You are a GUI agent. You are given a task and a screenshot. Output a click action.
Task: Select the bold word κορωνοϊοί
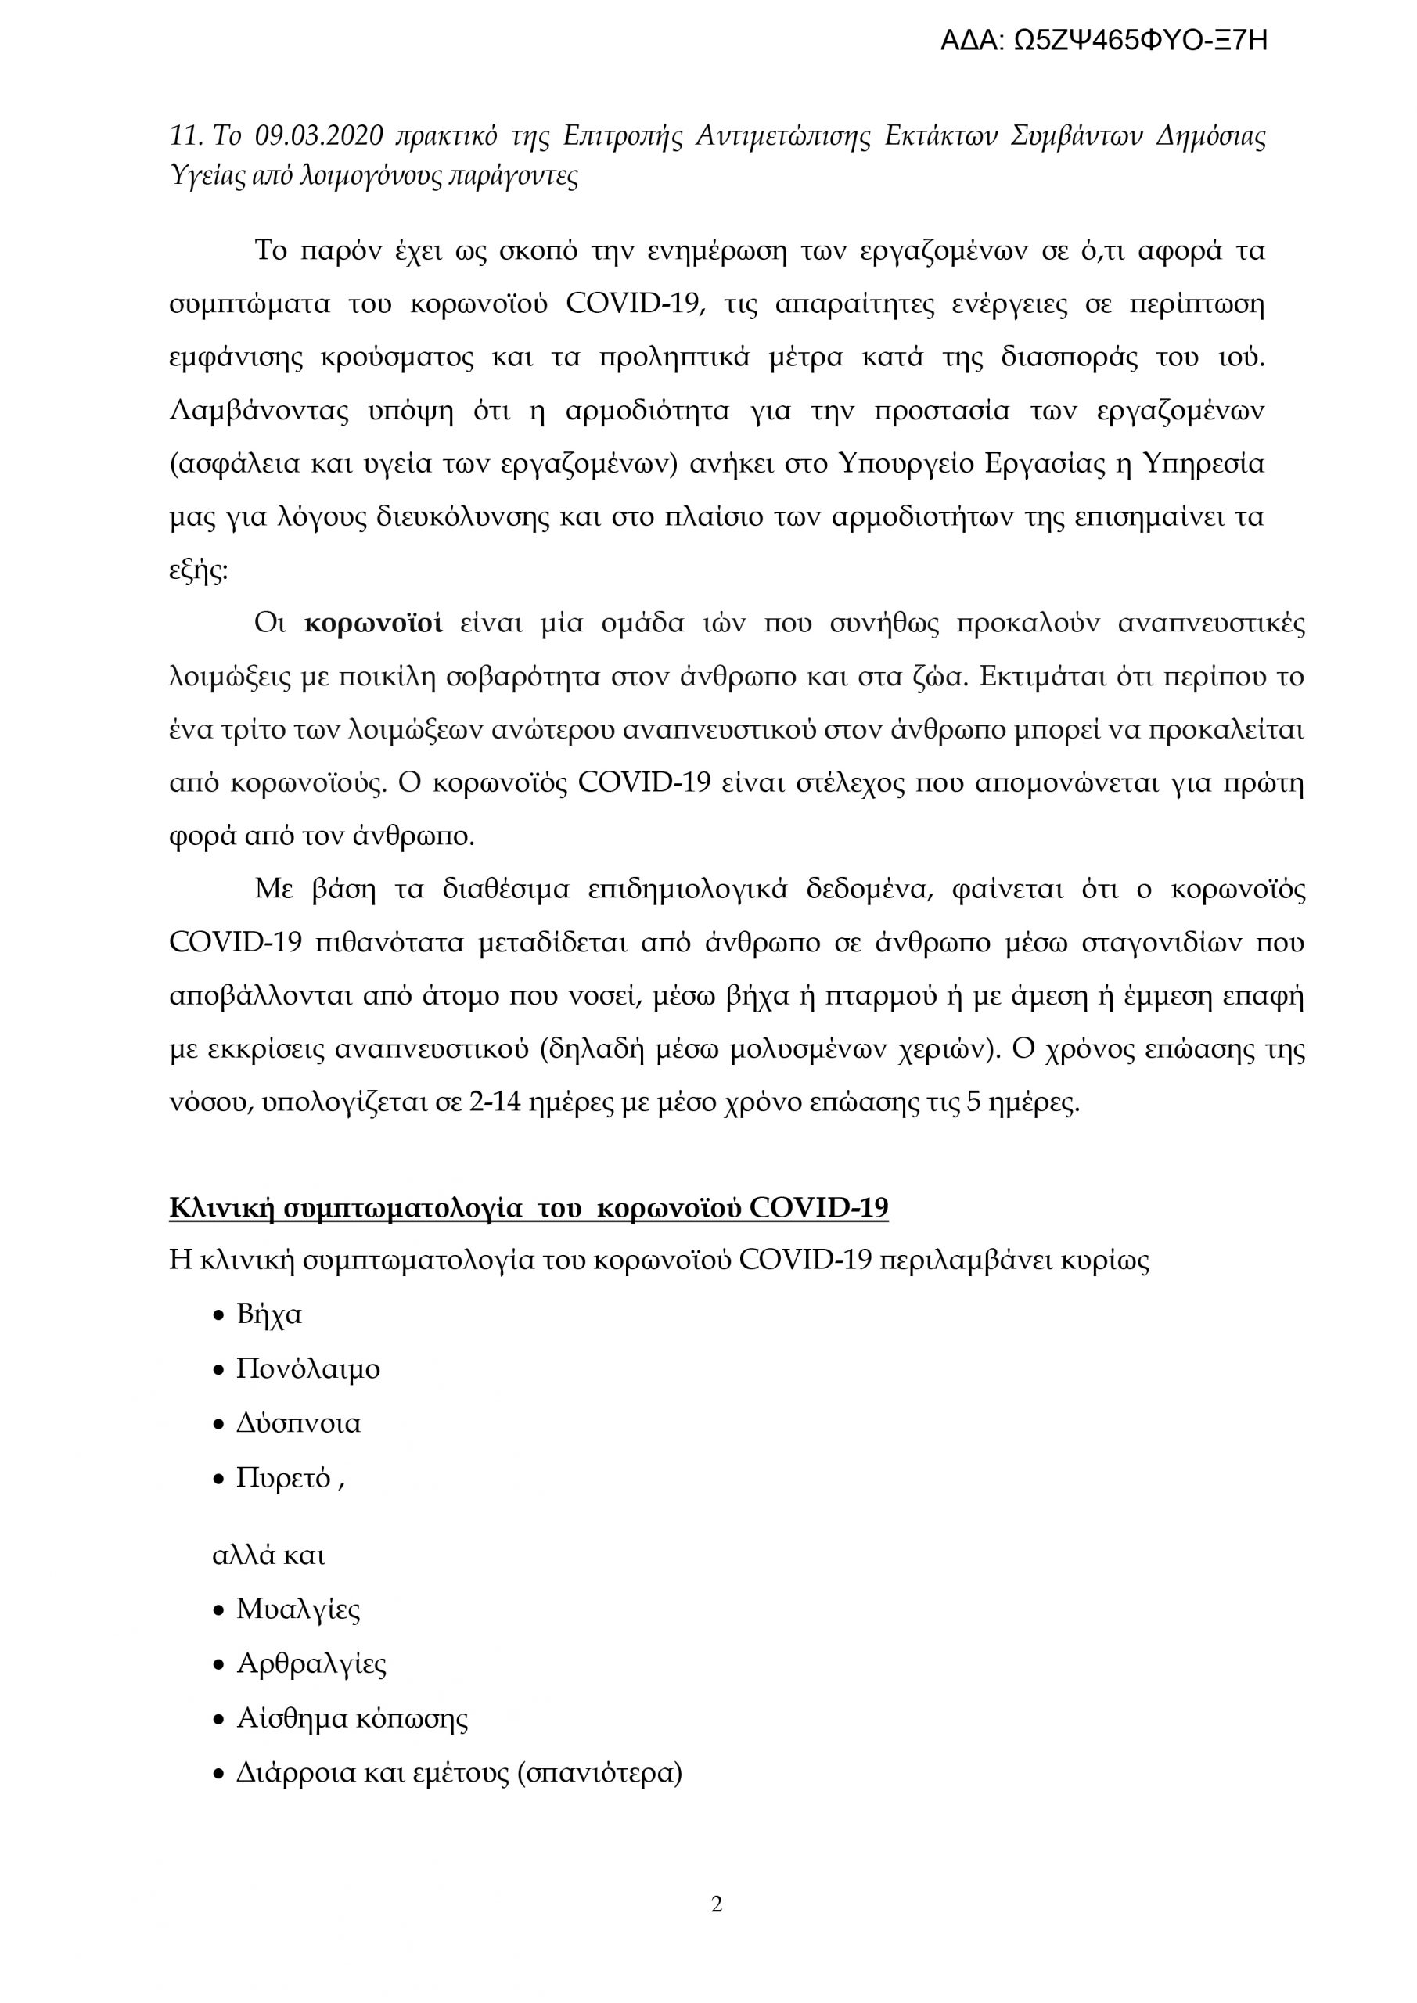pos(372,623)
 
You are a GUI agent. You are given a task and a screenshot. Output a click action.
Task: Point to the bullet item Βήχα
pos(268,1314)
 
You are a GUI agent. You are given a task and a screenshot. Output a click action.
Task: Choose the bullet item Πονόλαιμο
pos(308,1368)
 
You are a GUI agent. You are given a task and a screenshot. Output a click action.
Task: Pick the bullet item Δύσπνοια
pos(298,1423)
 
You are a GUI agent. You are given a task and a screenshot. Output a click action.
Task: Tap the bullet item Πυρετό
pos(282,1478)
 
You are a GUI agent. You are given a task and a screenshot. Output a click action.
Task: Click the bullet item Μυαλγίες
pos(298,1609)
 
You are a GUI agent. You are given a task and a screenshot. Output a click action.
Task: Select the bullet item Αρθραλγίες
pos(311,1663)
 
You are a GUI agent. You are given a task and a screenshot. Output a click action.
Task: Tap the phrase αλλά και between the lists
pos(268,1555)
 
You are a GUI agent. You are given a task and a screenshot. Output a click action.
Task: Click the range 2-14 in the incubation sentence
pos(495,1102)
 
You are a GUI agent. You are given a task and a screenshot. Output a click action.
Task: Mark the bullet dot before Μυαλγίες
pos(219,1610)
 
